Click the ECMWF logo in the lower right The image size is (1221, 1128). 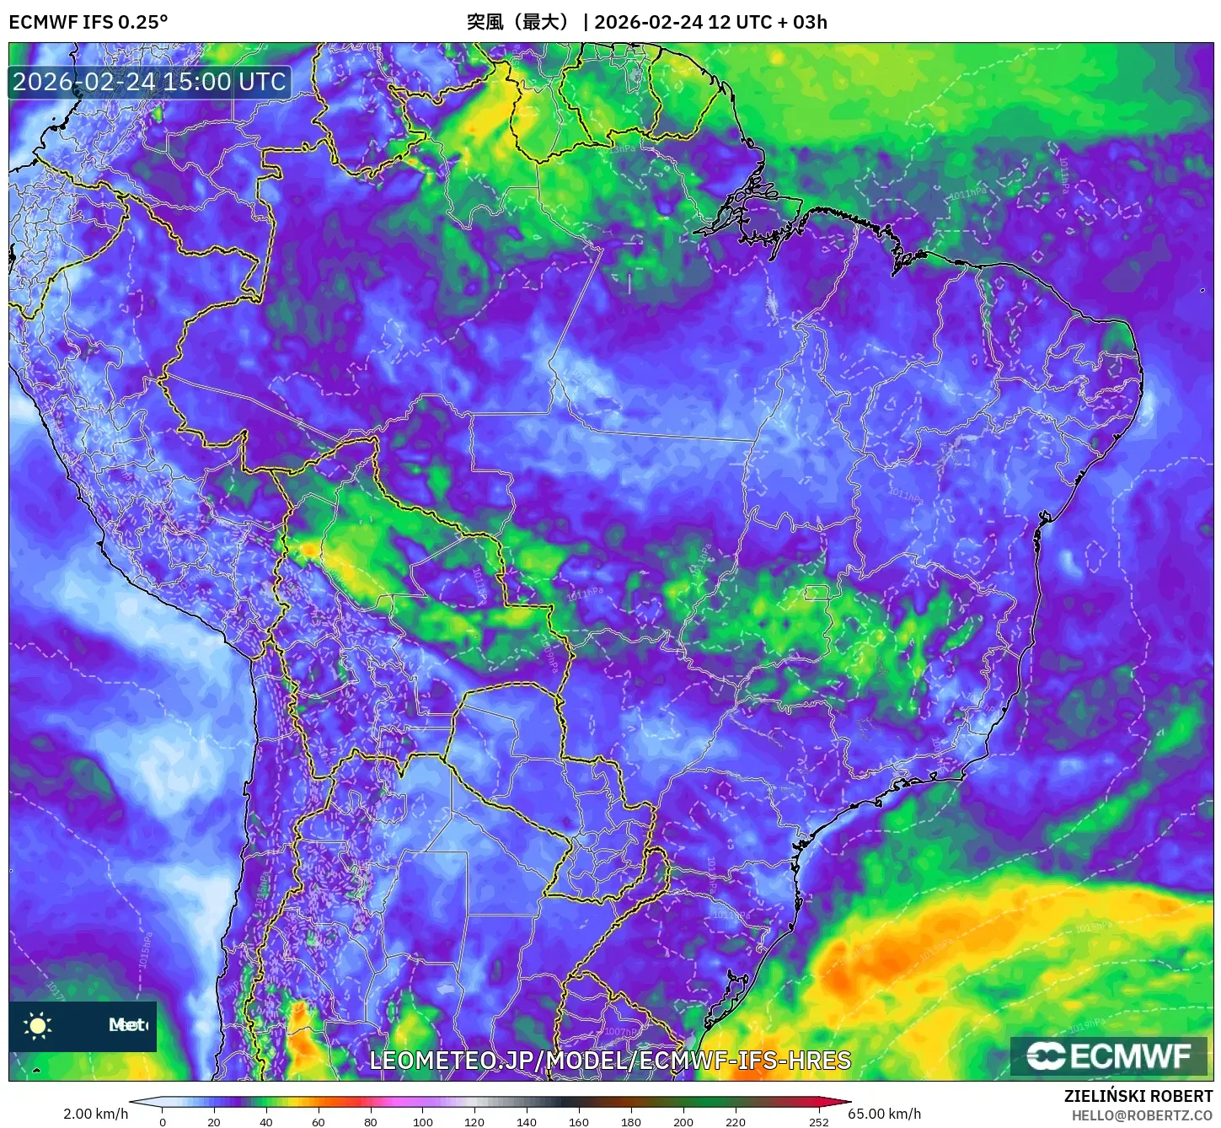(1109, 1055)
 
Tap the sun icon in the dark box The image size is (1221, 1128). (38, 1025)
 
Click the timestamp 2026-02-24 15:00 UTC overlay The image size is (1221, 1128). (149, 82)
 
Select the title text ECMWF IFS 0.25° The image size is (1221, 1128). (88, 22)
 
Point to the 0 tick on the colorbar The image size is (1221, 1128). (163, 1121)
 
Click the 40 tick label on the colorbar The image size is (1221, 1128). (266, 1121)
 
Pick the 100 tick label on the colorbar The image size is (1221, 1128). (423, 1121)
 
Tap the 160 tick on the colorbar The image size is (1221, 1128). (579, 1121)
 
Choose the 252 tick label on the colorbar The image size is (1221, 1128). (819, 1121)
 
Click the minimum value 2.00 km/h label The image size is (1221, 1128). (95, 1114)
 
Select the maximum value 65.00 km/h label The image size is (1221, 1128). (885, 1114)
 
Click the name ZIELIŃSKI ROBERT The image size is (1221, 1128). (1138, 1096)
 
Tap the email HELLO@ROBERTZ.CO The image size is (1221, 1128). (1142, 1115)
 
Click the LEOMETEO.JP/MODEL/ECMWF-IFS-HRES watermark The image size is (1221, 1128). (610, 1061)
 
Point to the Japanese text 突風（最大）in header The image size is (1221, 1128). (520, 22)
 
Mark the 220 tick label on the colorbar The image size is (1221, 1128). (736, 1121)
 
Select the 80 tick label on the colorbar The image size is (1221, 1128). (371, 1121)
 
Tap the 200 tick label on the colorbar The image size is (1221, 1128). (683, 1121)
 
